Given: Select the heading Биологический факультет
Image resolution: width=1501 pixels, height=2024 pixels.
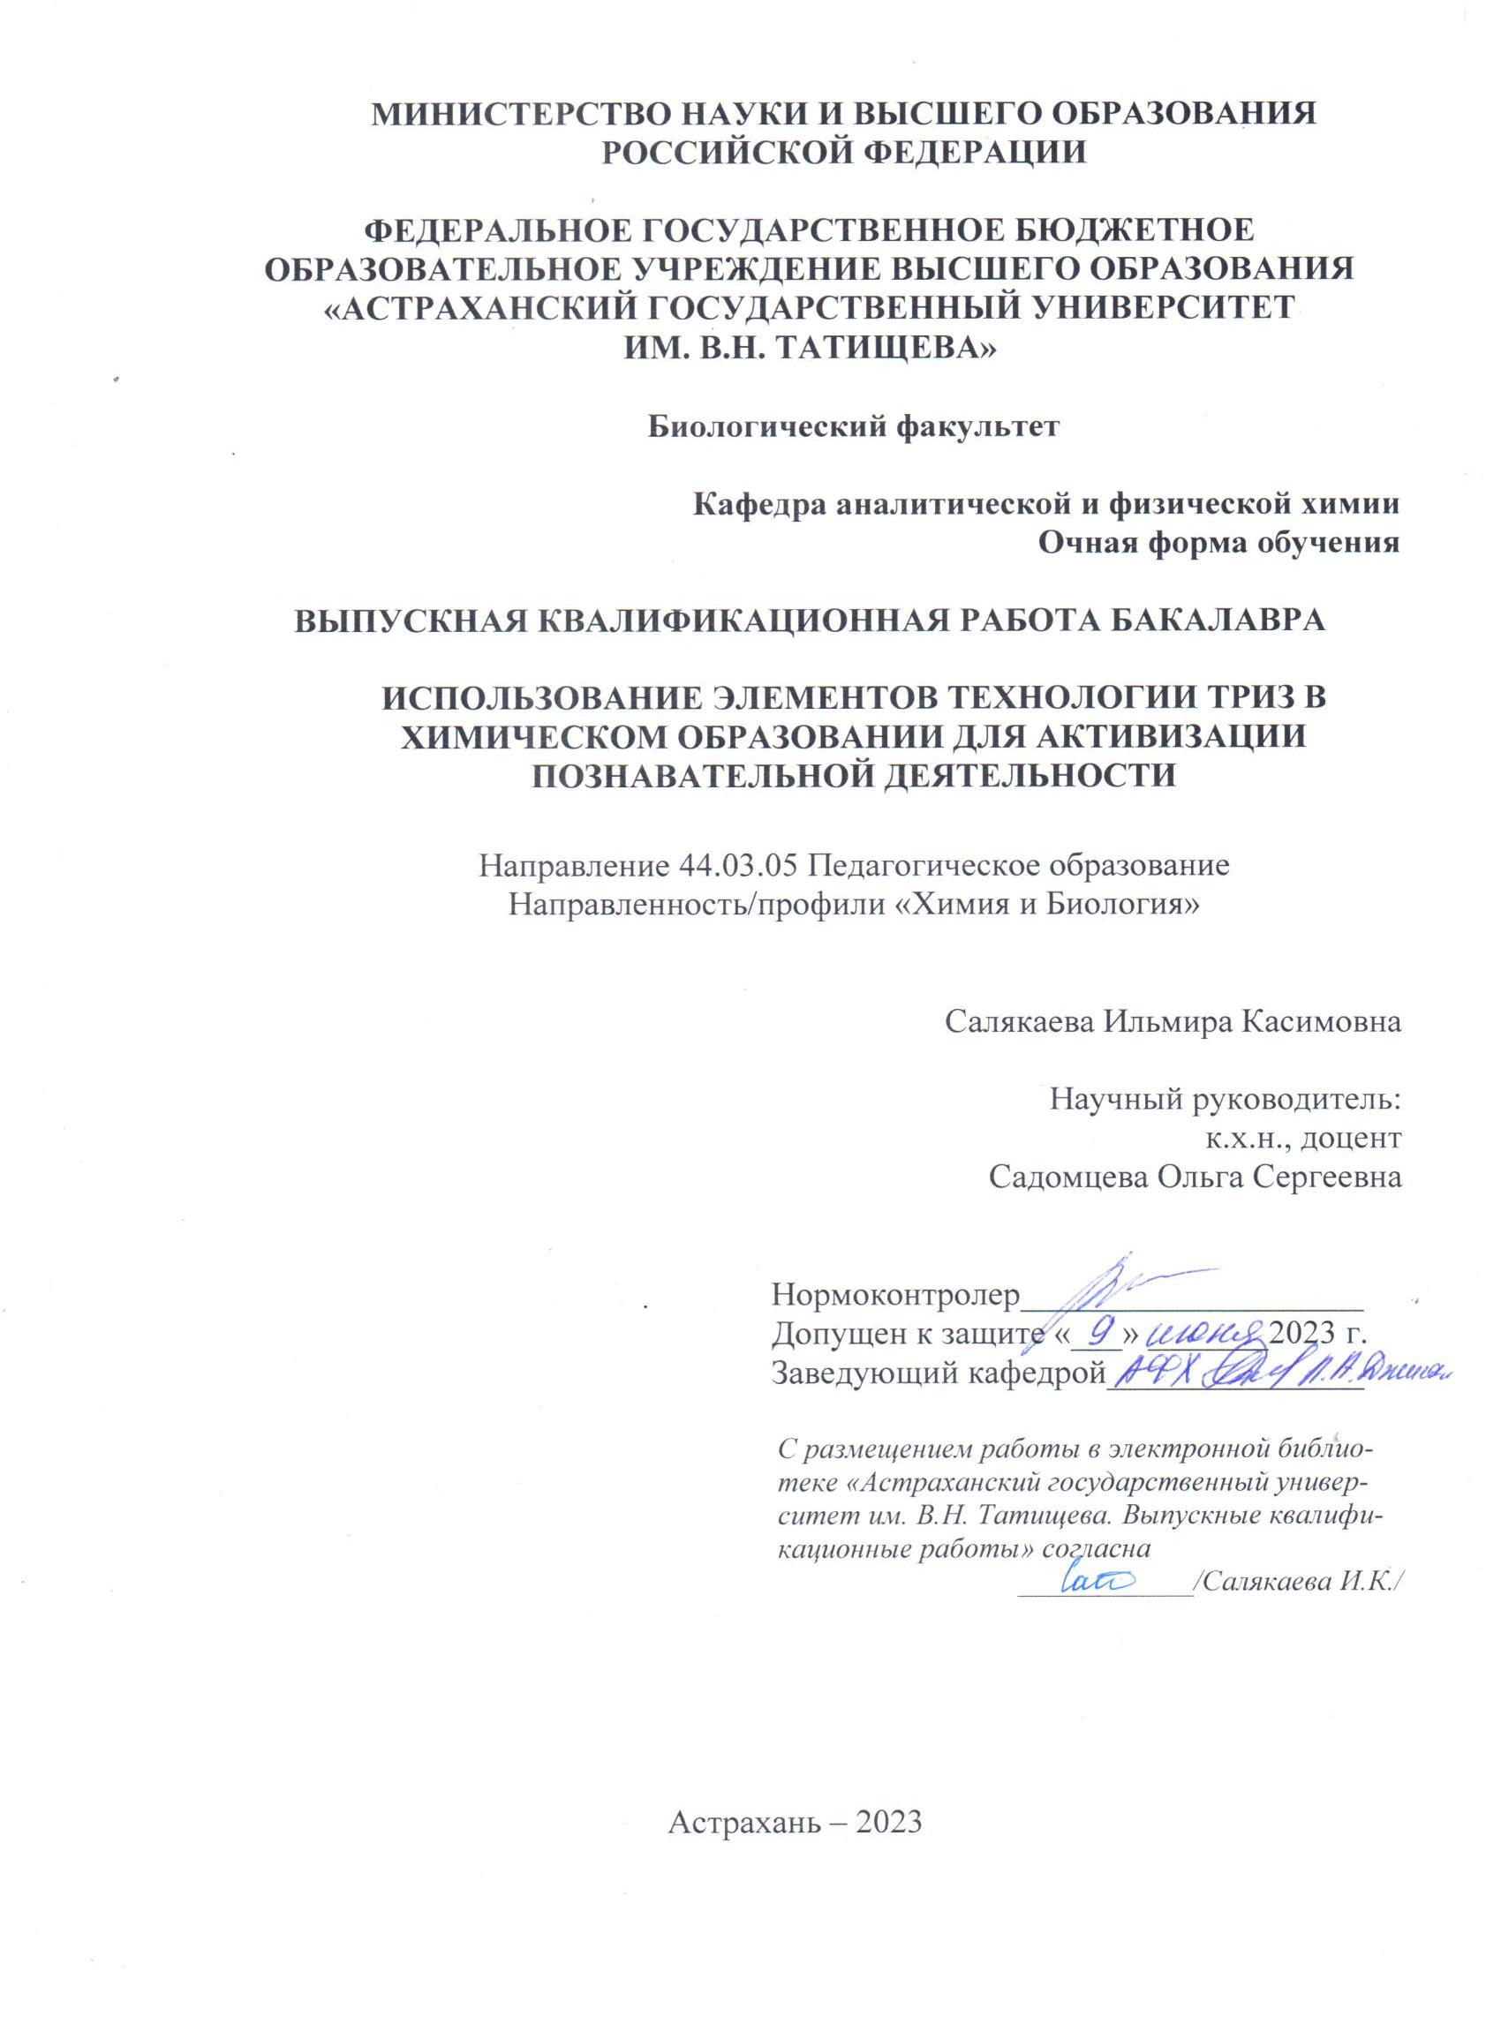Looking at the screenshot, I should point(853,426).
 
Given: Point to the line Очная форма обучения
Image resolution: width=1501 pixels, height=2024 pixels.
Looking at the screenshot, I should point(1218,542).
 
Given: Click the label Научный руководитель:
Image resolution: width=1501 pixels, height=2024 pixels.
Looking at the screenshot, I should point(1225,1099).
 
